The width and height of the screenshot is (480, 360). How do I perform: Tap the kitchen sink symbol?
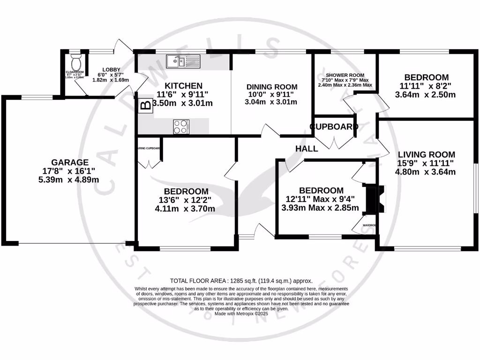183,60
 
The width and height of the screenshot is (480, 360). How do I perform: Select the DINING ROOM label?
272,87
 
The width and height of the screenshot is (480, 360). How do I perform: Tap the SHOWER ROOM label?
345,75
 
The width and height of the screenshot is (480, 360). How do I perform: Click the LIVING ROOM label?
426,154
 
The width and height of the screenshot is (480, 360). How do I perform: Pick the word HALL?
307,149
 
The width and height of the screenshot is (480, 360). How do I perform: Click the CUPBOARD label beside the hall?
334,127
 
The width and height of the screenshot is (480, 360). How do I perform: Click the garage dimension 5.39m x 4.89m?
70,180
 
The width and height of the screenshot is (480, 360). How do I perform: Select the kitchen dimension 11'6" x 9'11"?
186,95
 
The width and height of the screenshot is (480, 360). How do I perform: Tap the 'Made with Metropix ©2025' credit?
241,314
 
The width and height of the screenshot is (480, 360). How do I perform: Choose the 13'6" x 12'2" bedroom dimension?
186,200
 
